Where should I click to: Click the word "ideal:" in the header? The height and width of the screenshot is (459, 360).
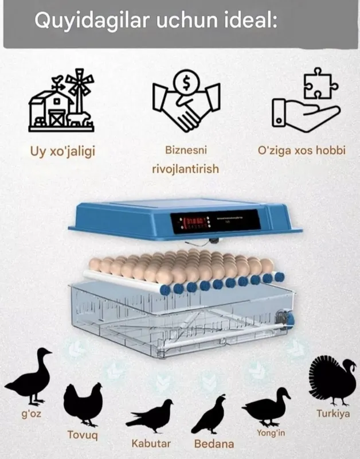pyautogui.click(x=251, y=20)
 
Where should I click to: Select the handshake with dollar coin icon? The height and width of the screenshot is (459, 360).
pyautogui.click(x=186, y=101)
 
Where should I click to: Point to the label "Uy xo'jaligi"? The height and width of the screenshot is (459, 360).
pyautogui.click(x=63, y=151)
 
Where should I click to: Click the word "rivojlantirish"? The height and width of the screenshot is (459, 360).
pyautogui.click(x=185, y=169)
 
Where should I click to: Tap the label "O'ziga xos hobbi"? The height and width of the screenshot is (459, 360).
pyautogui.click(x=302, y=150)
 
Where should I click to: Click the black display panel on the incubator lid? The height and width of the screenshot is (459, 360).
pyautogui.click(x=215, y=222)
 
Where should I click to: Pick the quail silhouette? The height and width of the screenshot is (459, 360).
pyautogui.click(x=209, y=414)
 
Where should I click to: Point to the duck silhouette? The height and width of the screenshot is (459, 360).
pyautogui.click(x=266, y=407)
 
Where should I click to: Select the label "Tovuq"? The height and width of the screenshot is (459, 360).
pyautogui.click(x=83, y=435)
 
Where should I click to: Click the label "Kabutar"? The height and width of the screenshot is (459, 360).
pyautogui.click(x=151, y=443)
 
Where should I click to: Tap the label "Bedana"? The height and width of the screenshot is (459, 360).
pyautogui.click(x=214, y=444)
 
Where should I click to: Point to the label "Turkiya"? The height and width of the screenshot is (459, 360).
pyautogui.click(x=333, y=414)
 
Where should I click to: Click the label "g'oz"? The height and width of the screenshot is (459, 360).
pyautogui.click(x=32, y=414)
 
